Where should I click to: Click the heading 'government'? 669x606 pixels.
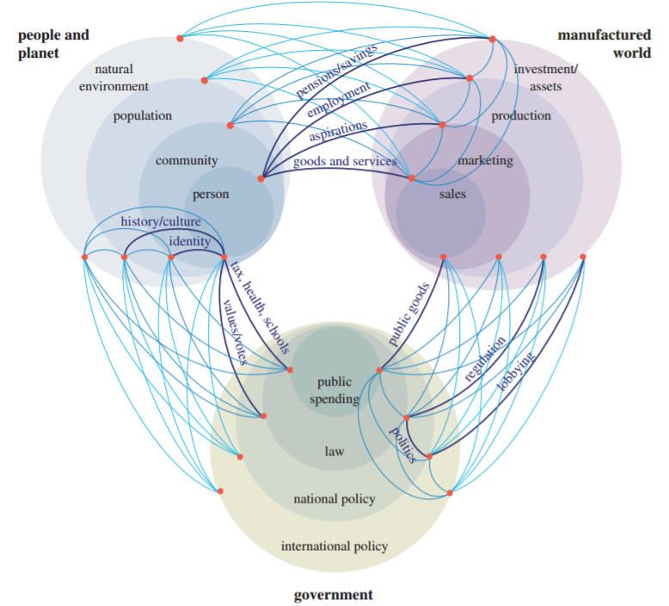pyautogui.click(x=334, y=595)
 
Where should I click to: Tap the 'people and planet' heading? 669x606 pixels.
pyautogui.click(x=53, y=44)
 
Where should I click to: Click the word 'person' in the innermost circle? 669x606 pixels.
pyautogui.click(x=211, y=195)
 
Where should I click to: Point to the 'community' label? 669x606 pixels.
pyautogui.click(x=187, y=161)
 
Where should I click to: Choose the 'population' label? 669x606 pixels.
pyautogui.click(x=143, y=116)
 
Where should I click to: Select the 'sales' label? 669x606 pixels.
pyautogui.click(x=452, y=195)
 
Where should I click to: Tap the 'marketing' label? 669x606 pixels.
pyautogui.click(x=485, y=161)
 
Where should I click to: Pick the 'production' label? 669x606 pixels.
pyautogui.click(x=521, y=116)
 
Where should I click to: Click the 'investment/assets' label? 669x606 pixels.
pyautogui.click(x=546, y=77)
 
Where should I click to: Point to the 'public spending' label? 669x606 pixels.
pyautogui.click(x=334, y=390)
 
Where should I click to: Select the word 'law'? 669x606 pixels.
pyautogui.click(x=334, y=451)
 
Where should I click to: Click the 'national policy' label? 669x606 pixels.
pyautogui.click(x=334, y=499)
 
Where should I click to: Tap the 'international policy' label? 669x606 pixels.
pyautogui.click(x=334, y=547)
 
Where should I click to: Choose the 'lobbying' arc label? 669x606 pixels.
pyautogui.click(x=516, y=370)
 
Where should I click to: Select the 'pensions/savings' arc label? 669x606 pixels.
pyautogui.click(x=336, y=78)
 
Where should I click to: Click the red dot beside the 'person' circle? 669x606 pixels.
pyautogui.click(x=261, y=179)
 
